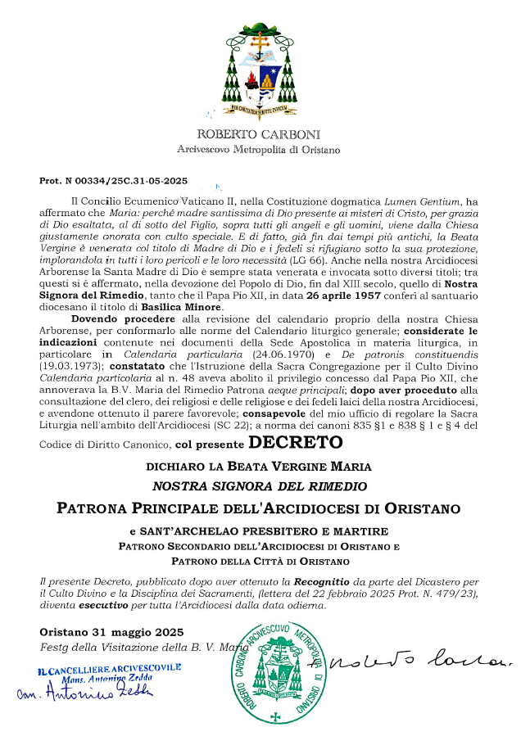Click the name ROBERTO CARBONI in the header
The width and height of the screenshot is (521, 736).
(x=259, y=134)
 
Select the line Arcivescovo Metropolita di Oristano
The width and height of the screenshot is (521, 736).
(x=259, y=150)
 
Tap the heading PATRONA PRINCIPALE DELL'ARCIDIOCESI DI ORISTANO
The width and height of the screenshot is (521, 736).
(x=259, y=508)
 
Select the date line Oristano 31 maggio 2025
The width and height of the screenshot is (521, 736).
(x=112, y=632)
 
